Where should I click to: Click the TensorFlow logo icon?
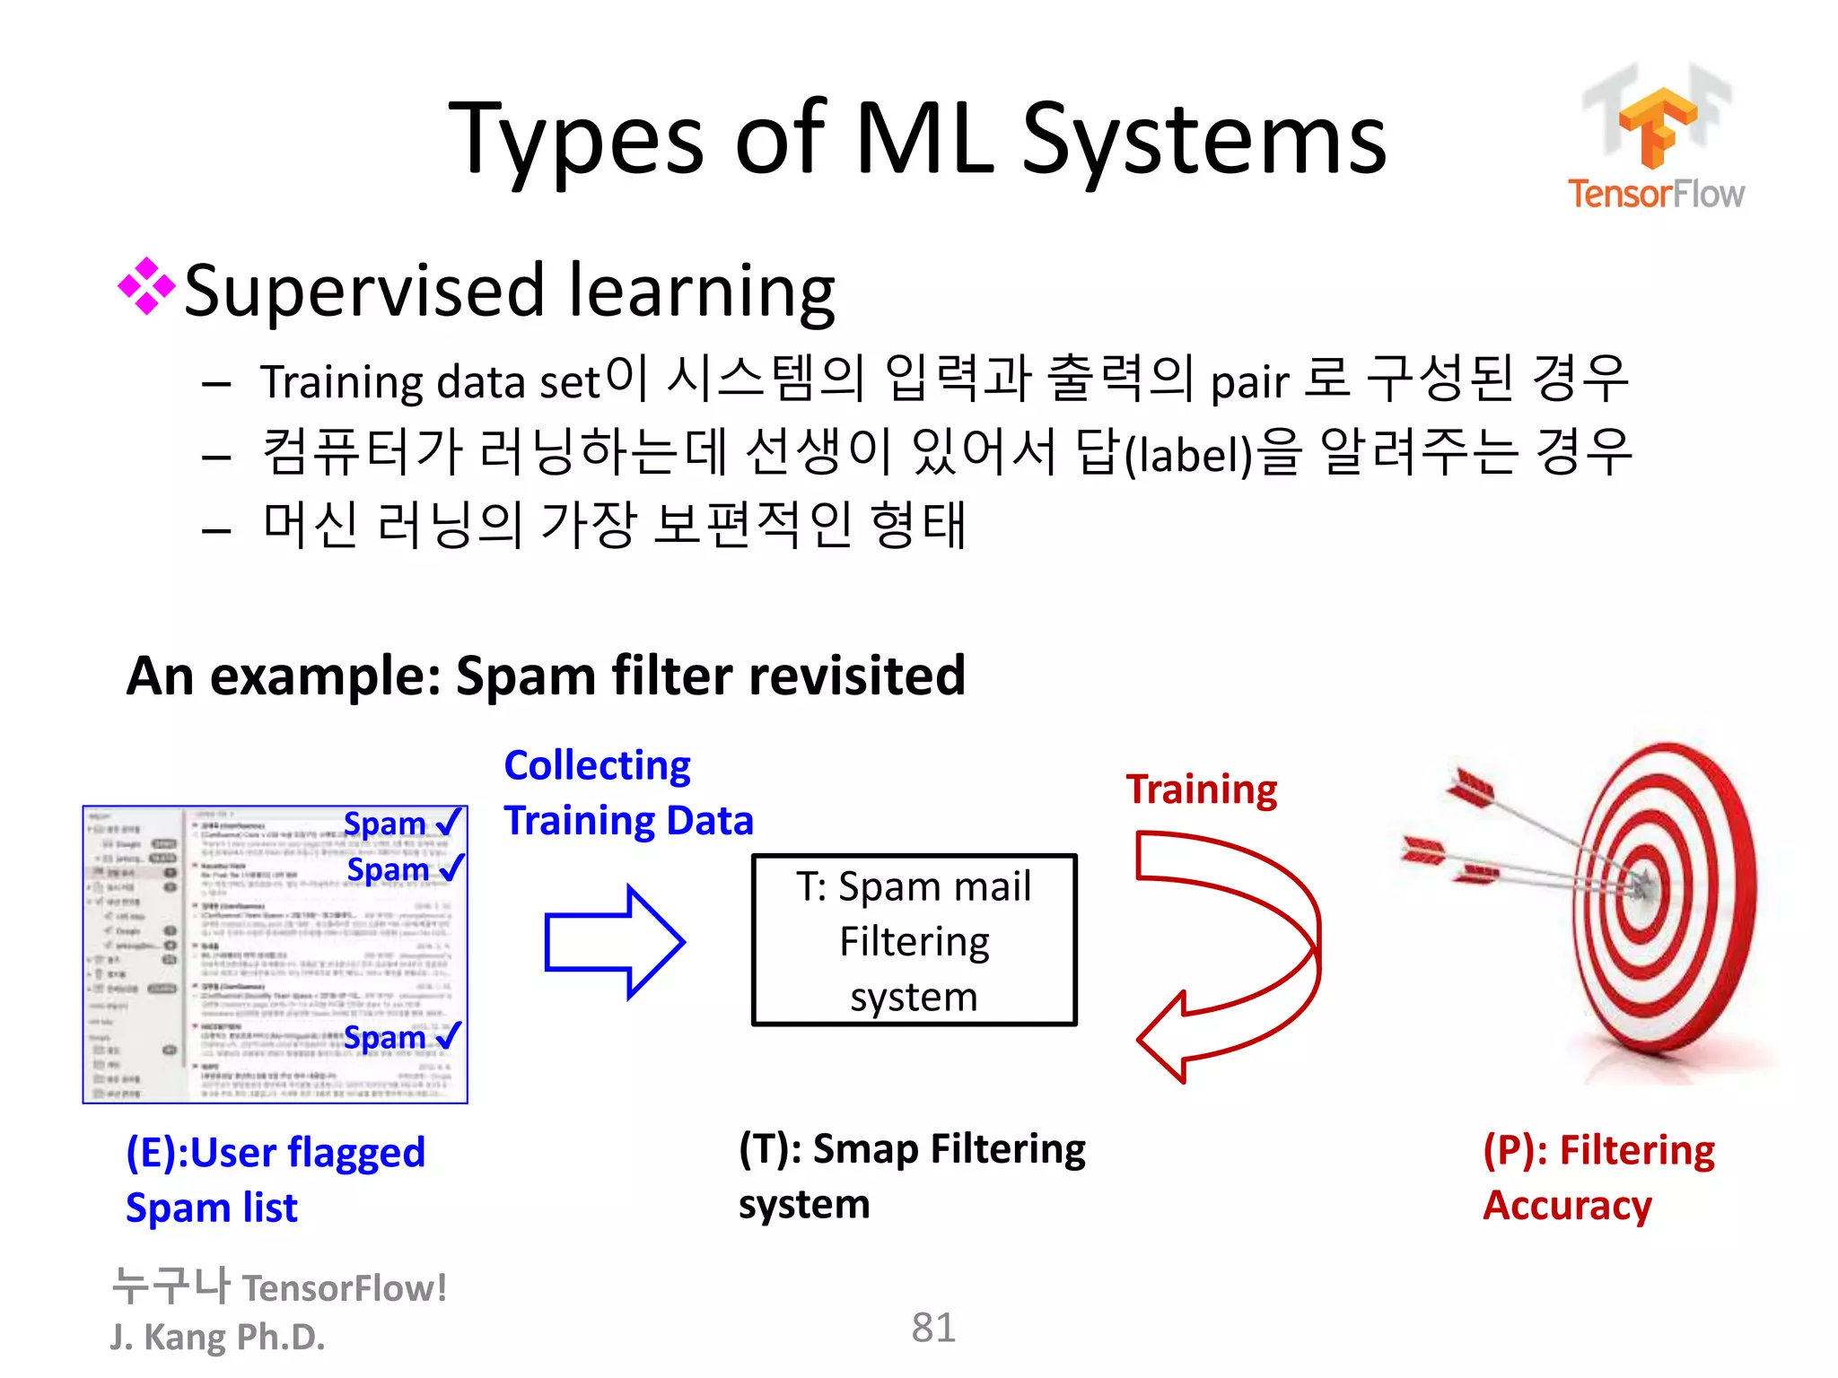click(1657, 126)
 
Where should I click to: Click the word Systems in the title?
click(1204, 140)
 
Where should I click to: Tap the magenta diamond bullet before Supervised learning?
click(146, 287)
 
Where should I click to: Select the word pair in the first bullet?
click(1249, 383)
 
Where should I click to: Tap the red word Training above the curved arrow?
click(1201, 789)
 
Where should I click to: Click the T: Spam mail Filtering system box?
click(914, 940)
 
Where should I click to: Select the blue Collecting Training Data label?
click(627, 793)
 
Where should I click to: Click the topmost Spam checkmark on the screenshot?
click(449, 821)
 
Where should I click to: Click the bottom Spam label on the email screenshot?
click(385, 1038)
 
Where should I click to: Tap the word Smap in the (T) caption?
click(863, 1149)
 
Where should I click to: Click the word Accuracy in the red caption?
click(1567, 1206)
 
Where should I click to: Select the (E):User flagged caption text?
click(275, 1153)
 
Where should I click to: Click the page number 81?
click(932, 1328)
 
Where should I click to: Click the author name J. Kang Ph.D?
click(217, 1337)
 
